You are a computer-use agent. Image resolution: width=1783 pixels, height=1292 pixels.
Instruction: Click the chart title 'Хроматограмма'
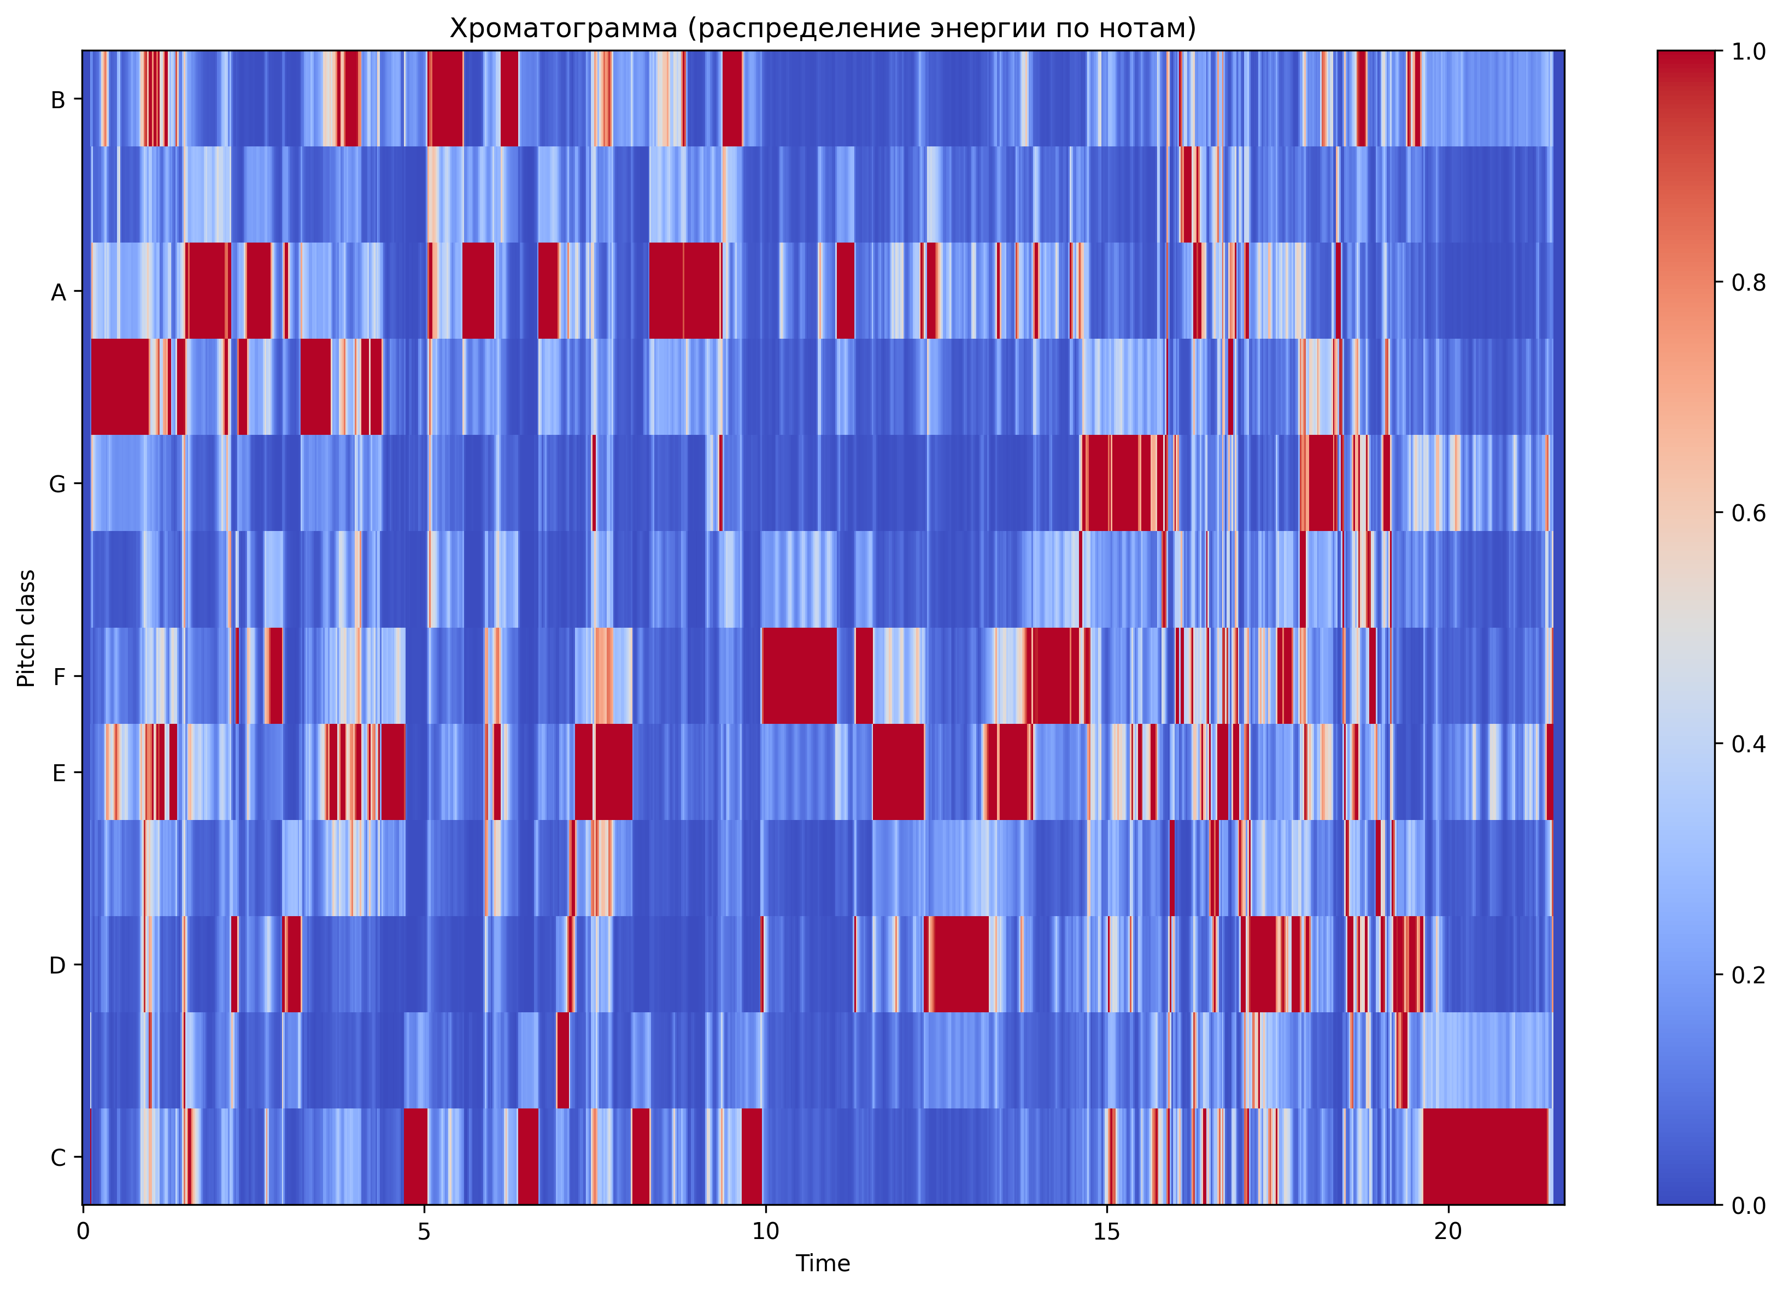click(x=822, y=28)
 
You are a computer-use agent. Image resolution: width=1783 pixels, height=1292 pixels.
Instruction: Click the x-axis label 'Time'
click(x=822, y=1263)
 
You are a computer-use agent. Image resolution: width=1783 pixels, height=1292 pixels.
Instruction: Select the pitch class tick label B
click(x=57, y=100)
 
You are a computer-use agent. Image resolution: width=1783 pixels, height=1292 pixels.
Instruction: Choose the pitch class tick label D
click(x=57, y=965)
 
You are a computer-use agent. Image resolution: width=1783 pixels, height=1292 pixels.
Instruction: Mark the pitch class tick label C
click(x=57, y=1157)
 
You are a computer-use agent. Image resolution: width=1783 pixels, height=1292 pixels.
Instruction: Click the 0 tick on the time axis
click(x=83, y=1231)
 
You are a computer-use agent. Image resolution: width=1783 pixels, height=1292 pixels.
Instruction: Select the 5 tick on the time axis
click(x=425, y=1231)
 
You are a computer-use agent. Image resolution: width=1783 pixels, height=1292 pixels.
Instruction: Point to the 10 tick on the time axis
click(x=766, y=1231)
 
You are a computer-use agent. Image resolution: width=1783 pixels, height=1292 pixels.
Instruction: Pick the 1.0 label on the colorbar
click(x=1749, y=52)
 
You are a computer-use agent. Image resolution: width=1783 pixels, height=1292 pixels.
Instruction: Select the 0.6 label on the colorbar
click(x=1749, y=512)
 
